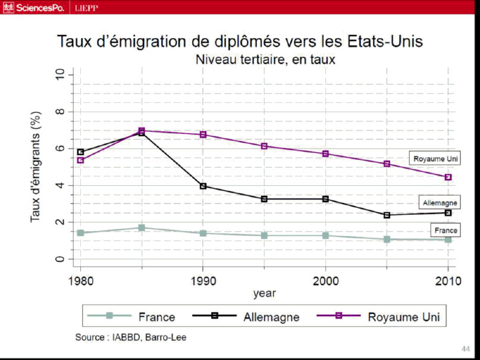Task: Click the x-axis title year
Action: pyautogui.click(x=264, y=293)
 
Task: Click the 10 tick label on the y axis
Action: pyautogui.click(x=59, y=74)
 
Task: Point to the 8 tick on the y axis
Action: pyautogui.click(x=59, y=111)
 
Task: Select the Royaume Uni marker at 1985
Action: pyautogui.click(x=142, y=130)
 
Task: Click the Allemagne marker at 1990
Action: pyautogui.click(x=203, y=186)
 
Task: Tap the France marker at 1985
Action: pyautogui.click(x=142, y=228)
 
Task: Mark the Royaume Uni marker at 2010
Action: pyautogui.click(x=448, y=177)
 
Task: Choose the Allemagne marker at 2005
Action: pyautogui.click(x=387, y=215)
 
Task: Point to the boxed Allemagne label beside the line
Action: pyautogui.click(x=439, y=203)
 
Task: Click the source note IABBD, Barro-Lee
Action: pyautogui.click(x=131, y=337)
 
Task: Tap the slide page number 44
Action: pyautogui.click(x=466, y=348)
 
